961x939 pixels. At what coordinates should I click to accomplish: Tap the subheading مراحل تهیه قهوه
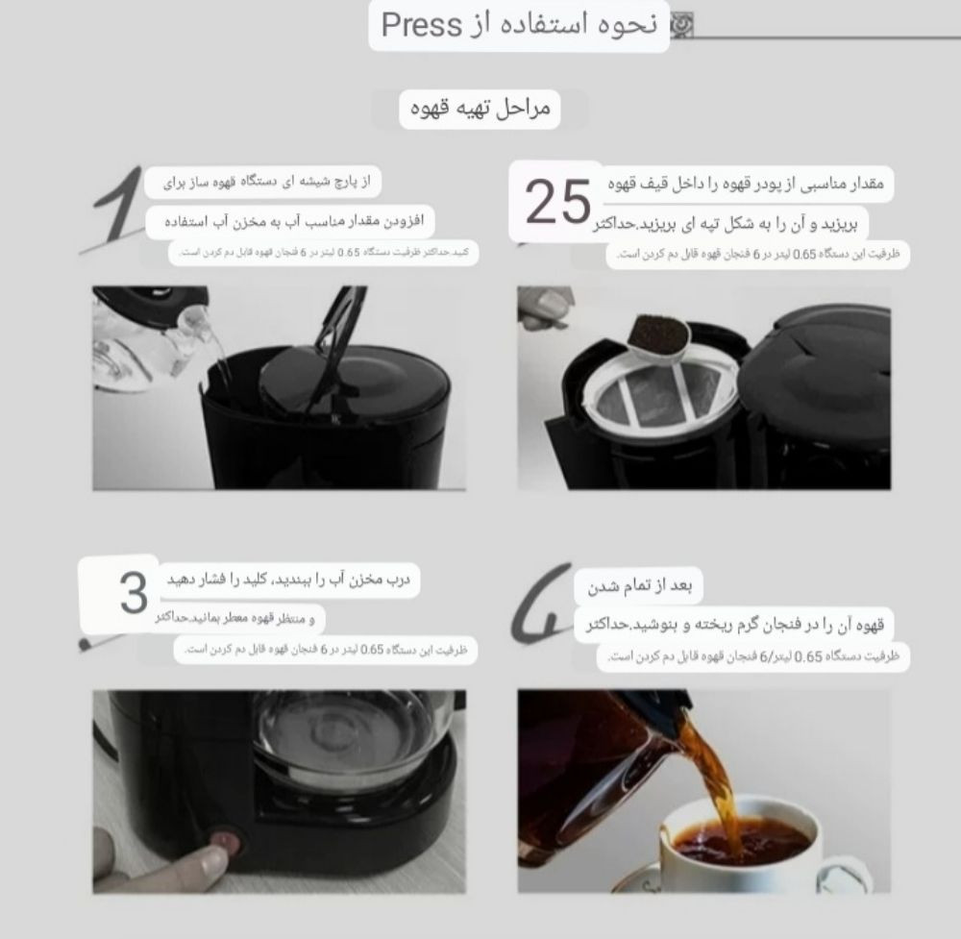tap(480, 109)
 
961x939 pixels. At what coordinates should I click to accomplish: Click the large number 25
tap(558, 201)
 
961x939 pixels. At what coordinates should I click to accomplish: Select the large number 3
tap(133, 594)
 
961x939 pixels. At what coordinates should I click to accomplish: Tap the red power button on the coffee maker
tap(227, 842)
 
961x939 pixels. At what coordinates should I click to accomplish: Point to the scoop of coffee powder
tap(660, 334)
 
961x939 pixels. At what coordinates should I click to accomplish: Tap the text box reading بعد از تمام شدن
tap(640, 585)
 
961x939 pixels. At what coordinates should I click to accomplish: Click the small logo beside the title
tap(679, 25)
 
